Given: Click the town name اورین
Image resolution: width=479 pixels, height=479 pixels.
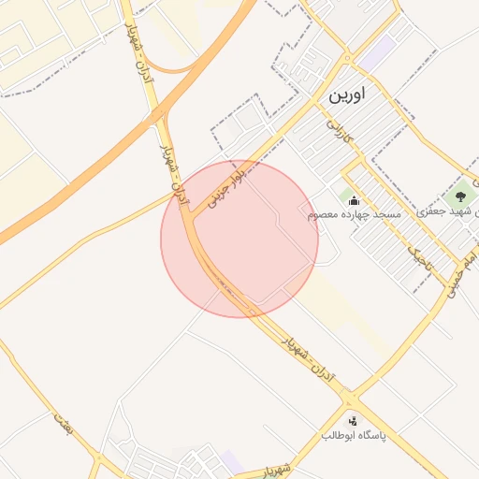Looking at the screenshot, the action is point(346,95).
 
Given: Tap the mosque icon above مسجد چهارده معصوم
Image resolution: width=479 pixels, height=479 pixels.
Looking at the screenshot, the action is point(354,198).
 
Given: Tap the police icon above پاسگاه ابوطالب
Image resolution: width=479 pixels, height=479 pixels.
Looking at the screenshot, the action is point(354,421).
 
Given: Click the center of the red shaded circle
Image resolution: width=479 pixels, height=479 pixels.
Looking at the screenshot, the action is point(239,239).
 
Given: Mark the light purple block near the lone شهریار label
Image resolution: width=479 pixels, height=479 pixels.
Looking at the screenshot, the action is point(231,462).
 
